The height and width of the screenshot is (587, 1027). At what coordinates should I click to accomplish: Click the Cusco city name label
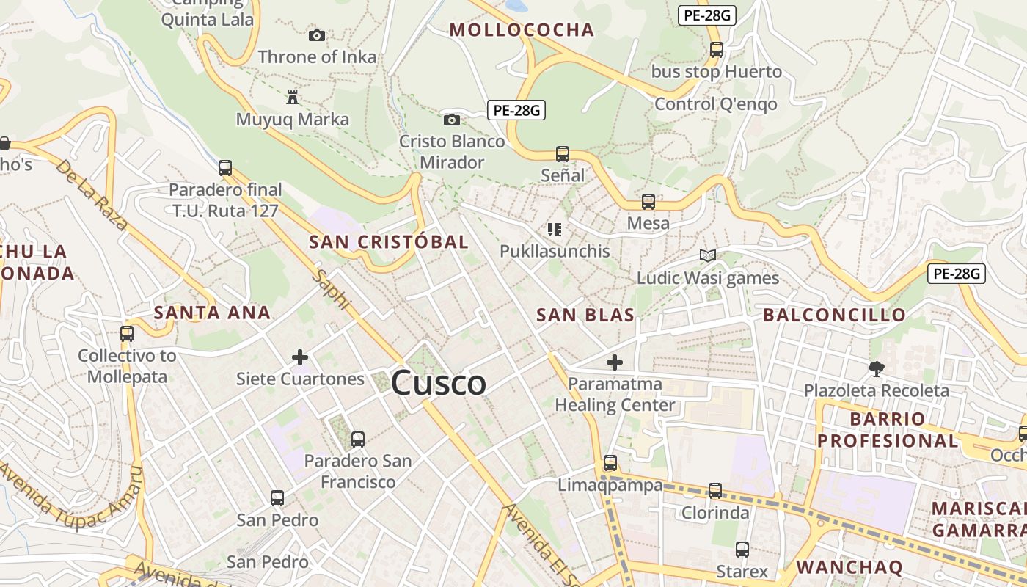[439, 383]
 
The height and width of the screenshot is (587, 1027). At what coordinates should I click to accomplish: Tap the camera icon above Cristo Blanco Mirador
[452, 120]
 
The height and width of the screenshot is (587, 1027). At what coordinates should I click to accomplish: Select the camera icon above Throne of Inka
[317, 35]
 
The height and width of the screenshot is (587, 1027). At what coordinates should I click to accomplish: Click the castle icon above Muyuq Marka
[293, 97]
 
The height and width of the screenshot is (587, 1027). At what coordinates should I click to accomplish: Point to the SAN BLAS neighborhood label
[585, 316]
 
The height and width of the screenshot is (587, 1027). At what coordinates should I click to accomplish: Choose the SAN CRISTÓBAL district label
[388, 242]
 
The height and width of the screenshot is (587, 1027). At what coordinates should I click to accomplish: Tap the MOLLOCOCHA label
[522, 30]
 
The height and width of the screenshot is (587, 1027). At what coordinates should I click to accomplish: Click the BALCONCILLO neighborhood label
[835, 316]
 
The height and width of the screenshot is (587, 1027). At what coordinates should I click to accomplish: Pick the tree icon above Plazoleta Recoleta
[876, 368]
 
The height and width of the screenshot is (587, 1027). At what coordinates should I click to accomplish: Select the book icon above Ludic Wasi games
[708, 256]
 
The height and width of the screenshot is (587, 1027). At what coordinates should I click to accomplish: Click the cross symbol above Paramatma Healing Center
[615, 362]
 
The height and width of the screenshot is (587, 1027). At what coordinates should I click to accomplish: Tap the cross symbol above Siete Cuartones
[300, 357]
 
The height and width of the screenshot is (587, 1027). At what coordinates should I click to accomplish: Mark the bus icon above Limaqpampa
[610, 463]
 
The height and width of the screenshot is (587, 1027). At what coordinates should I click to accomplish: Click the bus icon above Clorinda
[715, 490]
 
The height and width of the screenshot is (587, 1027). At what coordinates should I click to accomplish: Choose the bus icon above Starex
[742, 549]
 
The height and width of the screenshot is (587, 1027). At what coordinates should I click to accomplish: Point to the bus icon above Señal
[563, 154]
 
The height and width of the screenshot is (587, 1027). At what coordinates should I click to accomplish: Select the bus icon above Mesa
[648, 201]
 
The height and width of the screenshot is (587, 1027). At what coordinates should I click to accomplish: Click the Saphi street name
[332, 289]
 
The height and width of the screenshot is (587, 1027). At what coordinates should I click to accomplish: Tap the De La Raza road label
[92, 194]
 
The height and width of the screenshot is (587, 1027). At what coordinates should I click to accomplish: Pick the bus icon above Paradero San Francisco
[358, 440]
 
